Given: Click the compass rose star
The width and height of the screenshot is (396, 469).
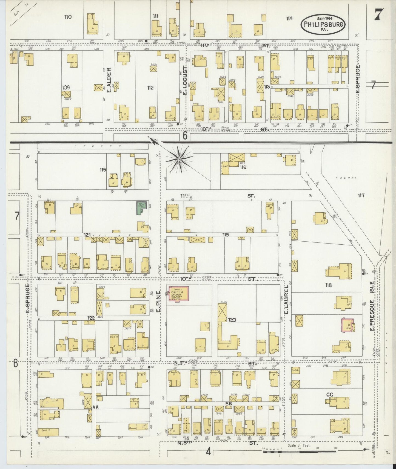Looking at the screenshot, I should (x=179, y=158).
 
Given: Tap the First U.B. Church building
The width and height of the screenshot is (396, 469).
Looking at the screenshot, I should (x=178, y=294).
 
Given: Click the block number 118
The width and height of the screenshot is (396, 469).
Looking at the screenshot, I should (x=328, y=285).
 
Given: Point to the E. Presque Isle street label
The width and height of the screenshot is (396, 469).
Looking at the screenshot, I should (x=372, y=306).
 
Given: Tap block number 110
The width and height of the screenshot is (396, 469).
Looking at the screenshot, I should (x=68, y=17).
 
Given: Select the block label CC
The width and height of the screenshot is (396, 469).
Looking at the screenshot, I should (x=330, y=395).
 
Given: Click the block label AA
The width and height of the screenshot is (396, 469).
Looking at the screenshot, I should (x=95, y=407).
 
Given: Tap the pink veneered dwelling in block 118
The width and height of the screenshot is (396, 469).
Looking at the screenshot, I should (x=347, y=325).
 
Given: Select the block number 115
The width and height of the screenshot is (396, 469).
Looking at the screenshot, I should (x=103, y=170).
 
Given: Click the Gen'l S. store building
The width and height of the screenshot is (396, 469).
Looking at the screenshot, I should (x=48, y=432).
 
